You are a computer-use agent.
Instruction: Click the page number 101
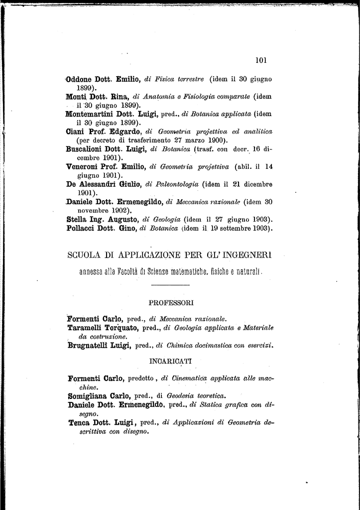261,60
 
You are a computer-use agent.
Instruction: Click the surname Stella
77,219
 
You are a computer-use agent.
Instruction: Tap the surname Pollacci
81,228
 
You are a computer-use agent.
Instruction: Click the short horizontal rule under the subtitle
170,284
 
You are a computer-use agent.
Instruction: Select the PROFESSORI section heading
171,302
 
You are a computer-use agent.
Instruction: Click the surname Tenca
79,423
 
